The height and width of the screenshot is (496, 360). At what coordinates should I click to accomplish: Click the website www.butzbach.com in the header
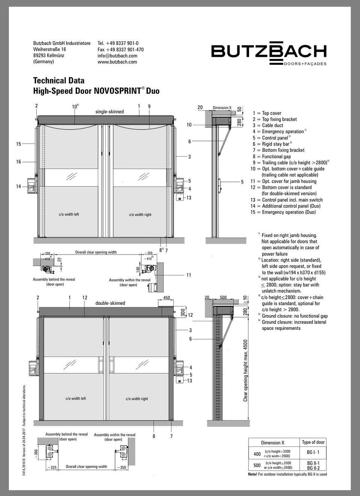117,62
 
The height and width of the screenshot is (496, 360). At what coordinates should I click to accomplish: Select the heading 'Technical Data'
59,80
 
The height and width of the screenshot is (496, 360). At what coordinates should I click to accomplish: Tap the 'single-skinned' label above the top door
109,112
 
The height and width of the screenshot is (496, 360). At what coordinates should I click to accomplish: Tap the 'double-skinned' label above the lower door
110,303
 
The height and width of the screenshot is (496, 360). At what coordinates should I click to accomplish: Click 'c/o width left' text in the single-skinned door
69,214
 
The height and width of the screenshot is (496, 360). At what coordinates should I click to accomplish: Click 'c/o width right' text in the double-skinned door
137,399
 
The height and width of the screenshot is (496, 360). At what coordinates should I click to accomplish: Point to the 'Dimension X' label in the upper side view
222,108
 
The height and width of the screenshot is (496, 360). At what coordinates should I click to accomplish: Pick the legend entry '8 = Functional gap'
271,156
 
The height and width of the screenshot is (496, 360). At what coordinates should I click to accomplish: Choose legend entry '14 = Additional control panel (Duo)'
285,206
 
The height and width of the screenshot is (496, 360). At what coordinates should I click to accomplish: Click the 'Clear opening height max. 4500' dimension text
246,370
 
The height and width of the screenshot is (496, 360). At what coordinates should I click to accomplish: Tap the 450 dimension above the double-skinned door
166,298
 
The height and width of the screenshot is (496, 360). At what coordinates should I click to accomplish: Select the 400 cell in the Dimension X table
257,454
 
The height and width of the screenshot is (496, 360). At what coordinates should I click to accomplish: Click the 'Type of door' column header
313,442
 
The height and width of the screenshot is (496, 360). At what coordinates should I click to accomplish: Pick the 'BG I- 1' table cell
313,453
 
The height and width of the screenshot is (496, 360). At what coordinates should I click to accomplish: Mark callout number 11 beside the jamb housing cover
189,275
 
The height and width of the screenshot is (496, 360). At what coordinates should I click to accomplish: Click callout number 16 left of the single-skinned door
18,162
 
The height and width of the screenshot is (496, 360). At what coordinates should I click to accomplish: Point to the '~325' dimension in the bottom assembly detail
51,468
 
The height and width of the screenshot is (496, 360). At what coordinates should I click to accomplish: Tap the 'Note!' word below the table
253,474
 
